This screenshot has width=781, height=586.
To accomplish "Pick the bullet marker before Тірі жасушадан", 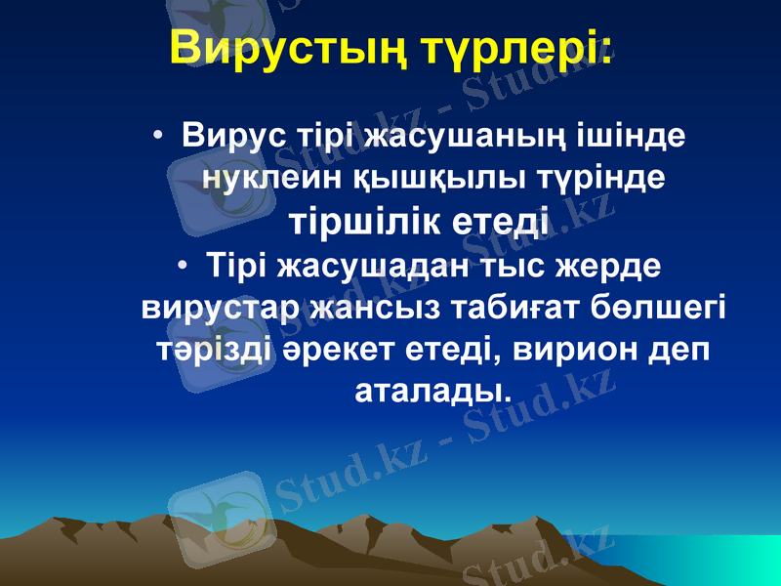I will (x=185, y=266).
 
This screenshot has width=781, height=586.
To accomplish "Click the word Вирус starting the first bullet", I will (x=232, y=135).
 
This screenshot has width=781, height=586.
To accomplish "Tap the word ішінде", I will (x=638, y=135).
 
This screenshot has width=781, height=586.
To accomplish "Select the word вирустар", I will (x=220, y=307).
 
